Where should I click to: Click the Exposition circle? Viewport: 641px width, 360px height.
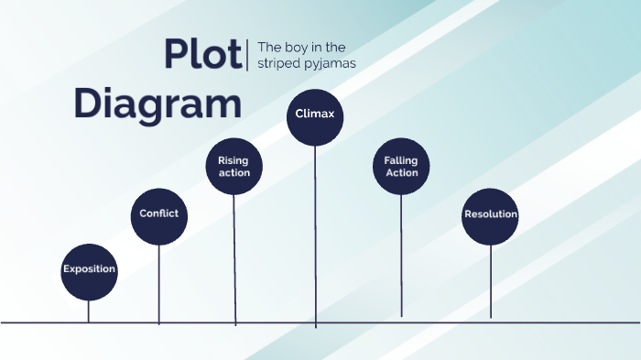pos(89,271)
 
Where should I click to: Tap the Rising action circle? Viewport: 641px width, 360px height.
pos(234,166)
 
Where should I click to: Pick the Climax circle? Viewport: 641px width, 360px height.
pos(315,116)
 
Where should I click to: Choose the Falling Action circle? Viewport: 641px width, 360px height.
pos(401,167)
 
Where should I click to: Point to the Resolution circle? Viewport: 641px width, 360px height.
pos(490,216)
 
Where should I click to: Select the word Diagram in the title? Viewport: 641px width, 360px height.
pos(158,104)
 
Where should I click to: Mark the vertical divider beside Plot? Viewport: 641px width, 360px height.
pos(248,54)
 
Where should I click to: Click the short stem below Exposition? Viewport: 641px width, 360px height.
pos(89,311)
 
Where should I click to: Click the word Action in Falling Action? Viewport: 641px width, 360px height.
pos(401,173)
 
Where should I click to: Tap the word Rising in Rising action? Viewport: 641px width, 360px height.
pos(234,160)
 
